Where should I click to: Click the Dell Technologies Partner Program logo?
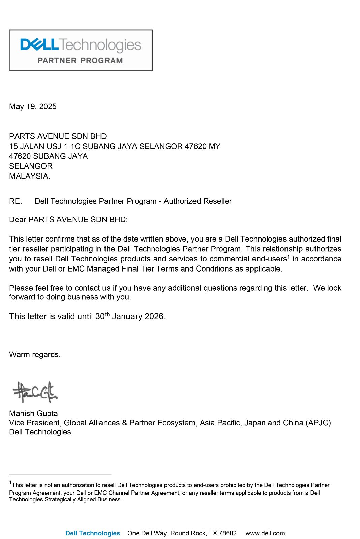[81, 50]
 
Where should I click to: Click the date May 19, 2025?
[33, 107]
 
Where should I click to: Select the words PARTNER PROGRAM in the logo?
[80, 61]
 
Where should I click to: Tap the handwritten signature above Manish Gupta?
[35, 392]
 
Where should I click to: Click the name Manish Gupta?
[33, 413]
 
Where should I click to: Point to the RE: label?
[16, 201]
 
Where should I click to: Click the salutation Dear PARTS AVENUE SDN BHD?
[68, 220]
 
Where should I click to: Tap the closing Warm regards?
[35, 355]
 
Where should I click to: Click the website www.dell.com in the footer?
[265, 533]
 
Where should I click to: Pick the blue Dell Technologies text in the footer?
[93, 533]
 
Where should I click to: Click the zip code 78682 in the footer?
[228, 533]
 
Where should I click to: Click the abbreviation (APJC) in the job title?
[318, 423]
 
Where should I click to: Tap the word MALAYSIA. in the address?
[30, 176]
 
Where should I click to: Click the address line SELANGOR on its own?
[31, 166]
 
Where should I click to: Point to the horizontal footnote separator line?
[60, 475]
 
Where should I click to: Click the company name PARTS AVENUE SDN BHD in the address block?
[58, 136]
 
